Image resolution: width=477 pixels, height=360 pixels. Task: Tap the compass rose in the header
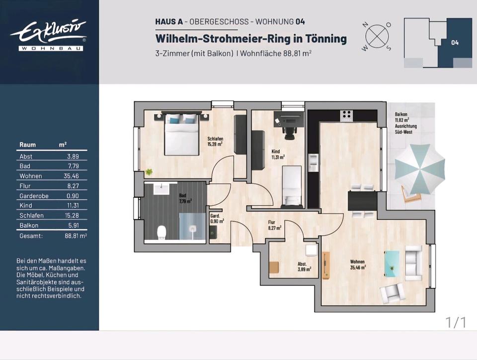[376, 36]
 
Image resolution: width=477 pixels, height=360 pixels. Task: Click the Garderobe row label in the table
[34, 196]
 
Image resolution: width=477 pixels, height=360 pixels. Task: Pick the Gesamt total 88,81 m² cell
[76, 236]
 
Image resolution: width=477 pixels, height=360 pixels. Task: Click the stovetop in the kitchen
[346, 115]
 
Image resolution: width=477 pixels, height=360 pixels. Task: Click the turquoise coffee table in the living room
[392, 262]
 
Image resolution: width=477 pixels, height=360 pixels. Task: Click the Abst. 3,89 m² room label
[304, 267]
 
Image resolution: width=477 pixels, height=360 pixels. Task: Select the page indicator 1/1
[456, 322]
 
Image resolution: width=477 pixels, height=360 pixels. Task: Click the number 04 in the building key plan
[455, 43]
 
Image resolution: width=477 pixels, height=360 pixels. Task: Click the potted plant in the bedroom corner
[149, 172]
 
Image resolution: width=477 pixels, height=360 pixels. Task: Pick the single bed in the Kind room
[290, 186]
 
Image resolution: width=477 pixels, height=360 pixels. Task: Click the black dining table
[361, 201]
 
